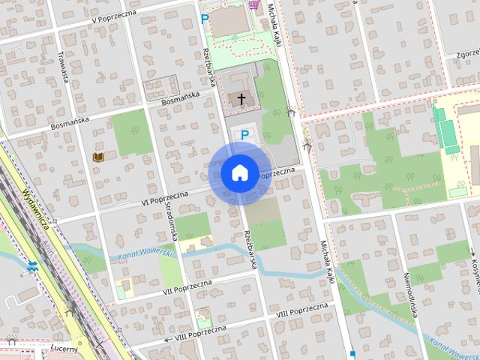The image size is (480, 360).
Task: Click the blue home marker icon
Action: click(x=239, y=172)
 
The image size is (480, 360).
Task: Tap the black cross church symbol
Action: click(x=241, y=98)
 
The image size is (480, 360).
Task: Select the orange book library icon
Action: click(x=98, y=157)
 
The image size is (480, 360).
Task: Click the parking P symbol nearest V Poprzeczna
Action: click(x=205, y=18)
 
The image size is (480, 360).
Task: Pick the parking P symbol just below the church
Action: click(x=244, y=135)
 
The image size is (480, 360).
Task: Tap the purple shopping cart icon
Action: click(x=254, y=4)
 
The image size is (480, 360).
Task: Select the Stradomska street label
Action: click(x=172, y=220)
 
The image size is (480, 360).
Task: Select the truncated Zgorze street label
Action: click(x=466, y=54)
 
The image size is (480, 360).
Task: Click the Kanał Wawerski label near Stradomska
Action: click(x=145, y=256)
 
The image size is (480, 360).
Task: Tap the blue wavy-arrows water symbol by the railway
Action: click(x=31, y=265)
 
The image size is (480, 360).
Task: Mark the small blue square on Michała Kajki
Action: click(x=352, y=352)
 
